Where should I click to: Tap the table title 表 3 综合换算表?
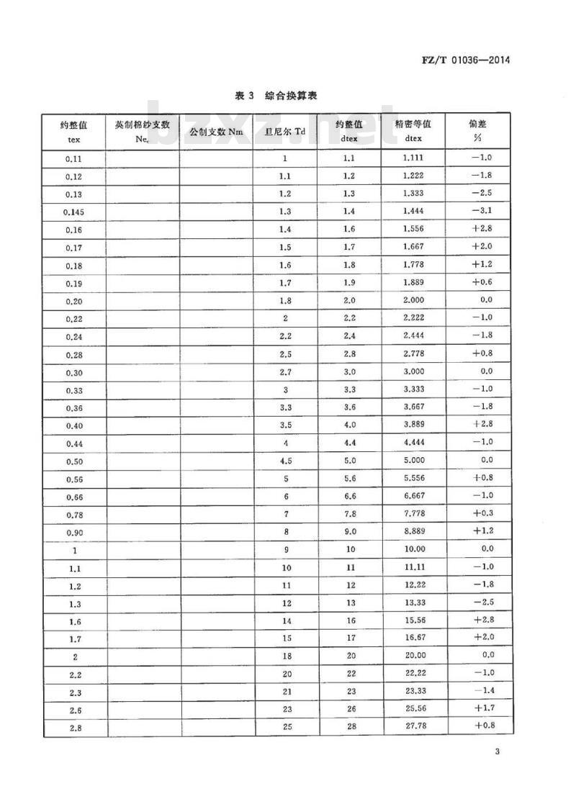pyautogui.click(x=276, y=96)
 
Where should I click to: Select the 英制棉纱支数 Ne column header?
pyautogui.click(x=142, y=130)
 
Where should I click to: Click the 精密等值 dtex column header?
pyautogui.click(x=413, y=130)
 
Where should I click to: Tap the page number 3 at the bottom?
pyautogui.click(x=497, y=753)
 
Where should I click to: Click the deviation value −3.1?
pyautogui.click(x=481, y=212)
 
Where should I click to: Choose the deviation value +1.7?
pyautogui.click(x=481, y=708)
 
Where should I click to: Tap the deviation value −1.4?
pyautogui.click(x=481, y=690)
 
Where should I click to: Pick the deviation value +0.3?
pyautogui.click(x=481, y=513)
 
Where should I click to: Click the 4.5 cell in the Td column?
pyautogui.click(x=285, y=460)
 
